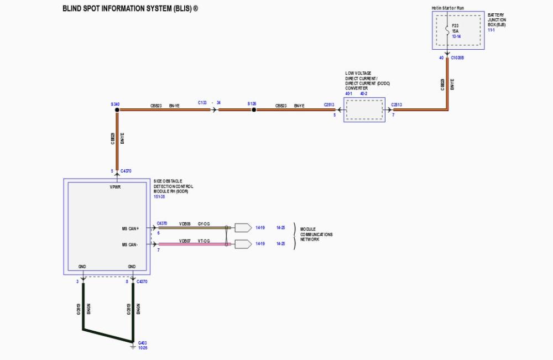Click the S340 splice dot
tap(117, 110)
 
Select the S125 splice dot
tap(254, 110)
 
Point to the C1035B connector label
tap(457, 58)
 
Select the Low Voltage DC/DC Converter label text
tap(361, 80)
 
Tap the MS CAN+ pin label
tap(132, 228)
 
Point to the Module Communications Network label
tap(316, 234)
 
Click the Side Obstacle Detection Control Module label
tap(174, 186)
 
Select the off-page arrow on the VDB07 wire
tap(242, 244)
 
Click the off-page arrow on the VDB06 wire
tap(242, 227)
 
